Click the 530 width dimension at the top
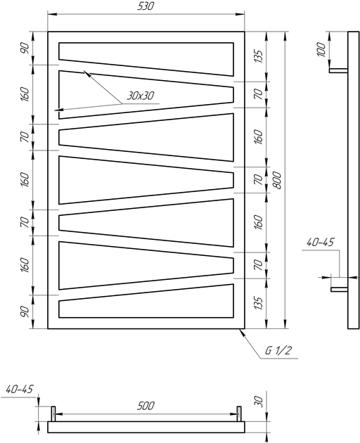(x=146, y=6)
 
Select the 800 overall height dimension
(x=278, y=180)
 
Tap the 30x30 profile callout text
(x=140, y=96)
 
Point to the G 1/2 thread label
(x=278, y=351)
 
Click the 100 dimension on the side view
(x=321, y=50)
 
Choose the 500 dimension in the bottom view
(x=146, y=406)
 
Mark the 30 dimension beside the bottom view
(x=259, y=402)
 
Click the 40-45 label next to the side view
(x=320, y=242)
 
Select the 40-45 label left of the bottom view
(x=19, y=389)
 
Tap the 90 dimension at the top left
(x=25, y=49)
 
